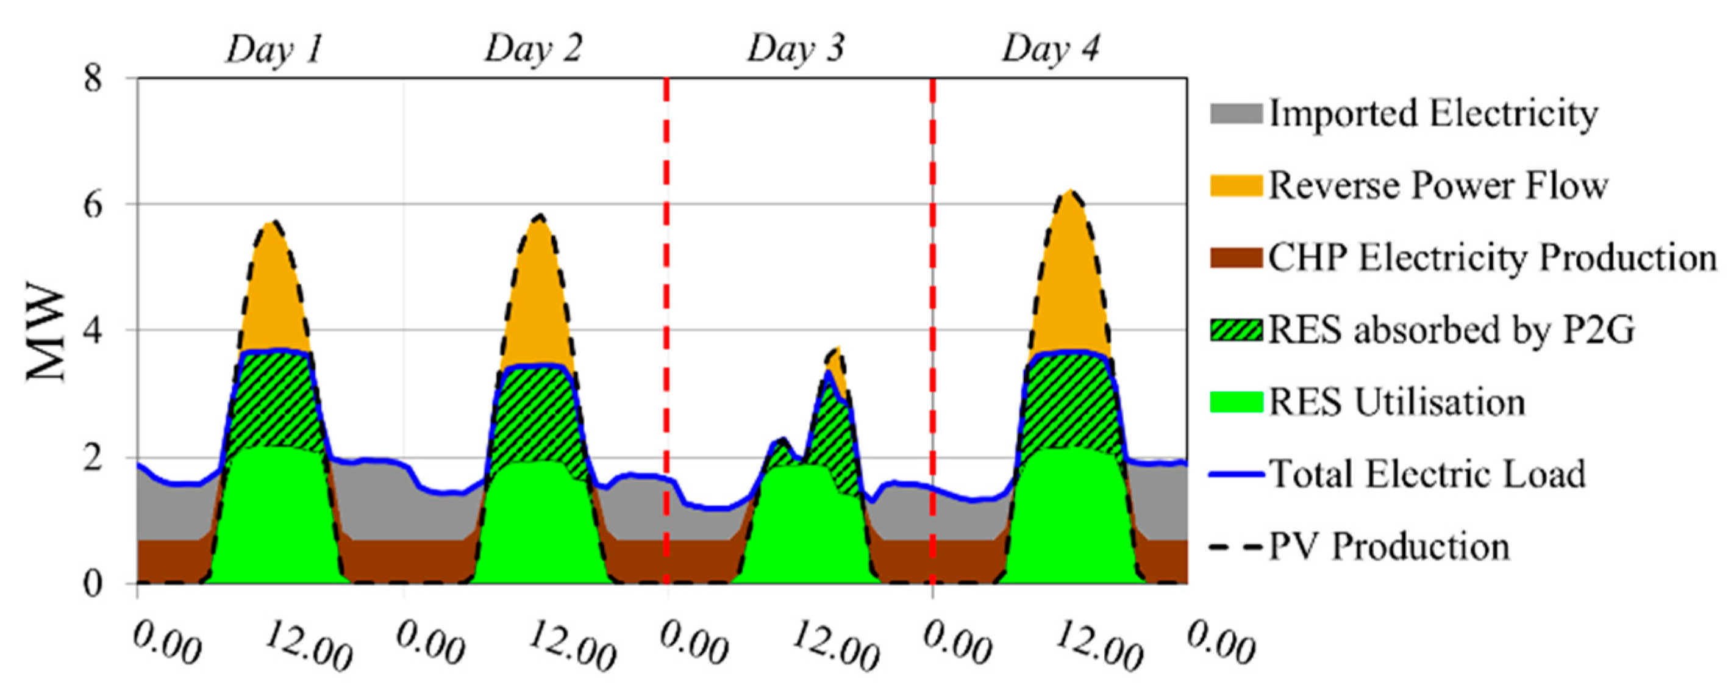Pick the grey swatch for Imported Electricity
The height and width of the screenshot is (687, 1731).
(1236, 113)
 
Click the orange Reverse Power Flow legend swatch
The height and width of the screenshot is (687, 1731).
(1236, 185)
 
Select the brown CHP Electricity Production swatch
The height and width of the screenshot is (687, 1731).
(1236, 257)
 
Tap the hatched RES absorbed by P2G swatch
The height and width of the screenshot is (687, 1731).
(1236, 329)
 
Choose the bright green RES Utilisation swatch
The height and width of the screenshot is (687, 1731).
(1236, 402)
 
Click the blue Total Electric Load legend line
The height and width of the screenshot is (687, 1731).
(1236, 474)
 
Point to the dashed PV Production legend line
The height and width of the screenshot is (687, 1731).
(1236, 547)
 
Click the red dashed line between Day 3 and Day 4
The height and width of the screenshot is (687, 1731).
(933, 329)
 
